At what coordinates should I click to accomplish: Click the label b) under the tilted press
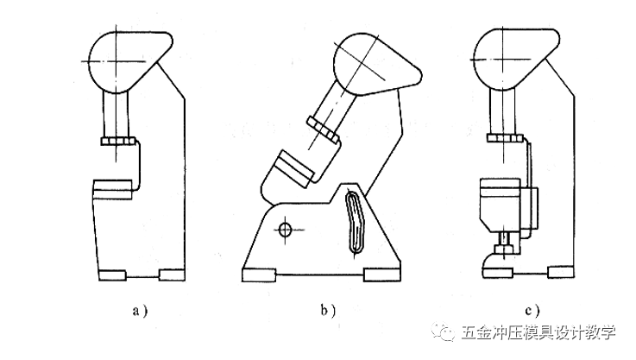330,309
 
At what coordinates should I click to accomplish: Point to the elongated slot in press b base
355,222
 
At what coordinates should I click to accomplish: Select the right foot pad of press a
173,275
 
